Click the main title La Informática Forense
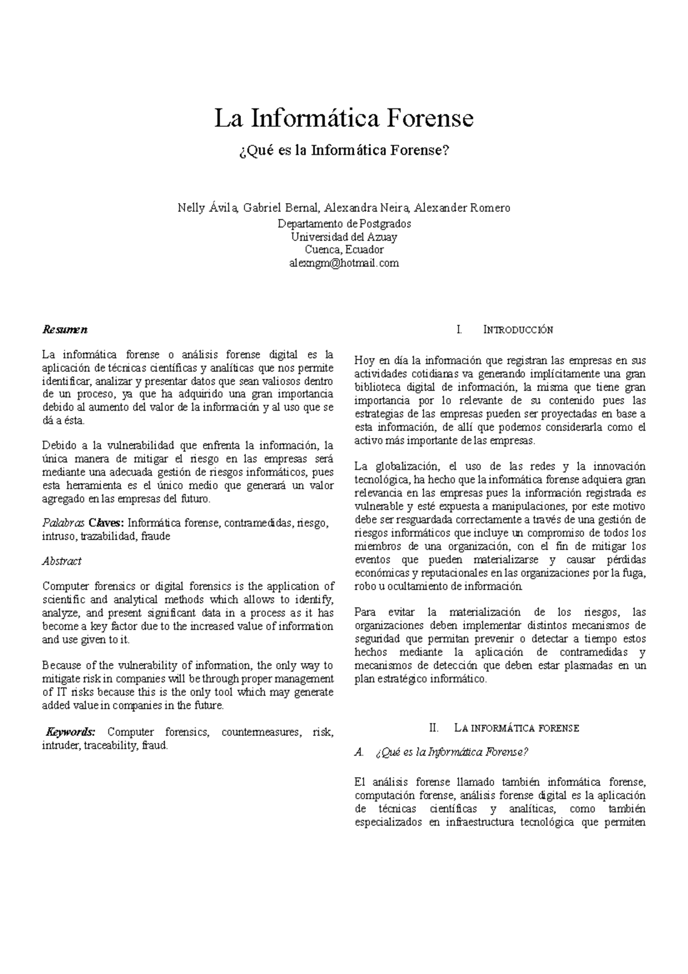[x=344, y=119]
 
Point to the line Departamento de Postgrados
[x=344, y=224]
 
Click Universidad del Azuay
[x=344, y=237]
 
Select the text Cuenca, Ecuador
[x=344, y=250]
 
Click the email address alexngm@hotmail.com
[x=344, y=263]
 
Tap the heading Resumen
[x=65, y=330]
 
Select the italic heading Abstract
[x=62, y=561]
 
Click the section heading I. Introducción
[x=505, y=330]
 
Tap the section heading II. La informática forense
[x=505, y=728]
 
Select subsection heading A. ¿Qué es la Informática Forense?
[x=441, y=752]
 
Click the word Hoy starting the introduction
[x=364, y=361]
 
